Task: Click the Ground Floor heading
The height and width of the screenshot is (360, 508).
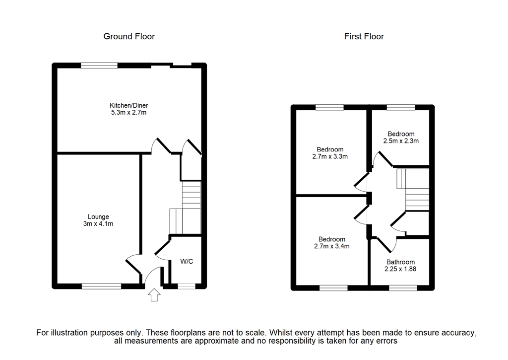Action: pos(129,36)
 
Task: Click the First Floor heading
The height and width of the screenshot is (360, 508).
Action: pos(364,36)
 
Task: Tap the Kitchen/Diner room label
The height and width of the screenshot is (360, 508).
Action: pos(129,105)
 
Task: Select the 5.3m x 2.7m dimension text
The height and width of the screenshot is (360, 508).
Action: pos(129,113)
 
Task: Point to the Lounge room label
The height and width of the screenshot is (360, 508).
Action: pos(98,216)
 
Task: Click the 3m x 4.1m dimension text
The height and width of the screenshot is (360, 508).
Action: pos(98,224)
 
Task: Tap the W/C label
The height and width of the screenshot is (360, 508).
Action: pos(187,261)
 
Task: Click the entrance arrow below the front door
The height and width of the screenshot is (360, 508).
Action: pos(154,295)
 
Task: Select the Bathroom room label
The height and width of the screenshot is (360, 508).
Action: pos(400,262)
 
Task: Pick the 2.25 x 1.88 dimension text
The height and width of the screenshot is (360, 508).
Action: pos(400,269)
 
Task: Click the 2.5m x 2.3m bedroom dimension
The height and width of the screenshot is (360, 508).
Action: pos(401,141)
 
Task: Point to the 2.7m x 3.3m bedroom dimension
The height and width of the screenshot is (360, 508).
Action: pos(330,157)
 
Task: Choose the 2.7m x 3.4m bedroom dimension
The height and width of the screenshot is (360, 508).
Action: pos(330,246)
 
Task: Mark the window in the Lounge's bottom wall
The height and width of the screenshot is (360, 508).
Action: pos(101,286)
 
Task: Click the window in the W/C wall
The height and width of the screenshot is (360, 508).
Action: pos(187,286)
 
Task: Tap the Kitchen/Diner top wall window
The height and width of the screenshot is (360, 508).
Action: pos(99,65)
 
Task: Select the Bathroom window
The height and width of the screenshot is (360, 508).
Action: pos(403,288)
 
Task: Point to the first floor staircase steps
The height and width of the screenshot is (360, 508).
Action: pos(417,199)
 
